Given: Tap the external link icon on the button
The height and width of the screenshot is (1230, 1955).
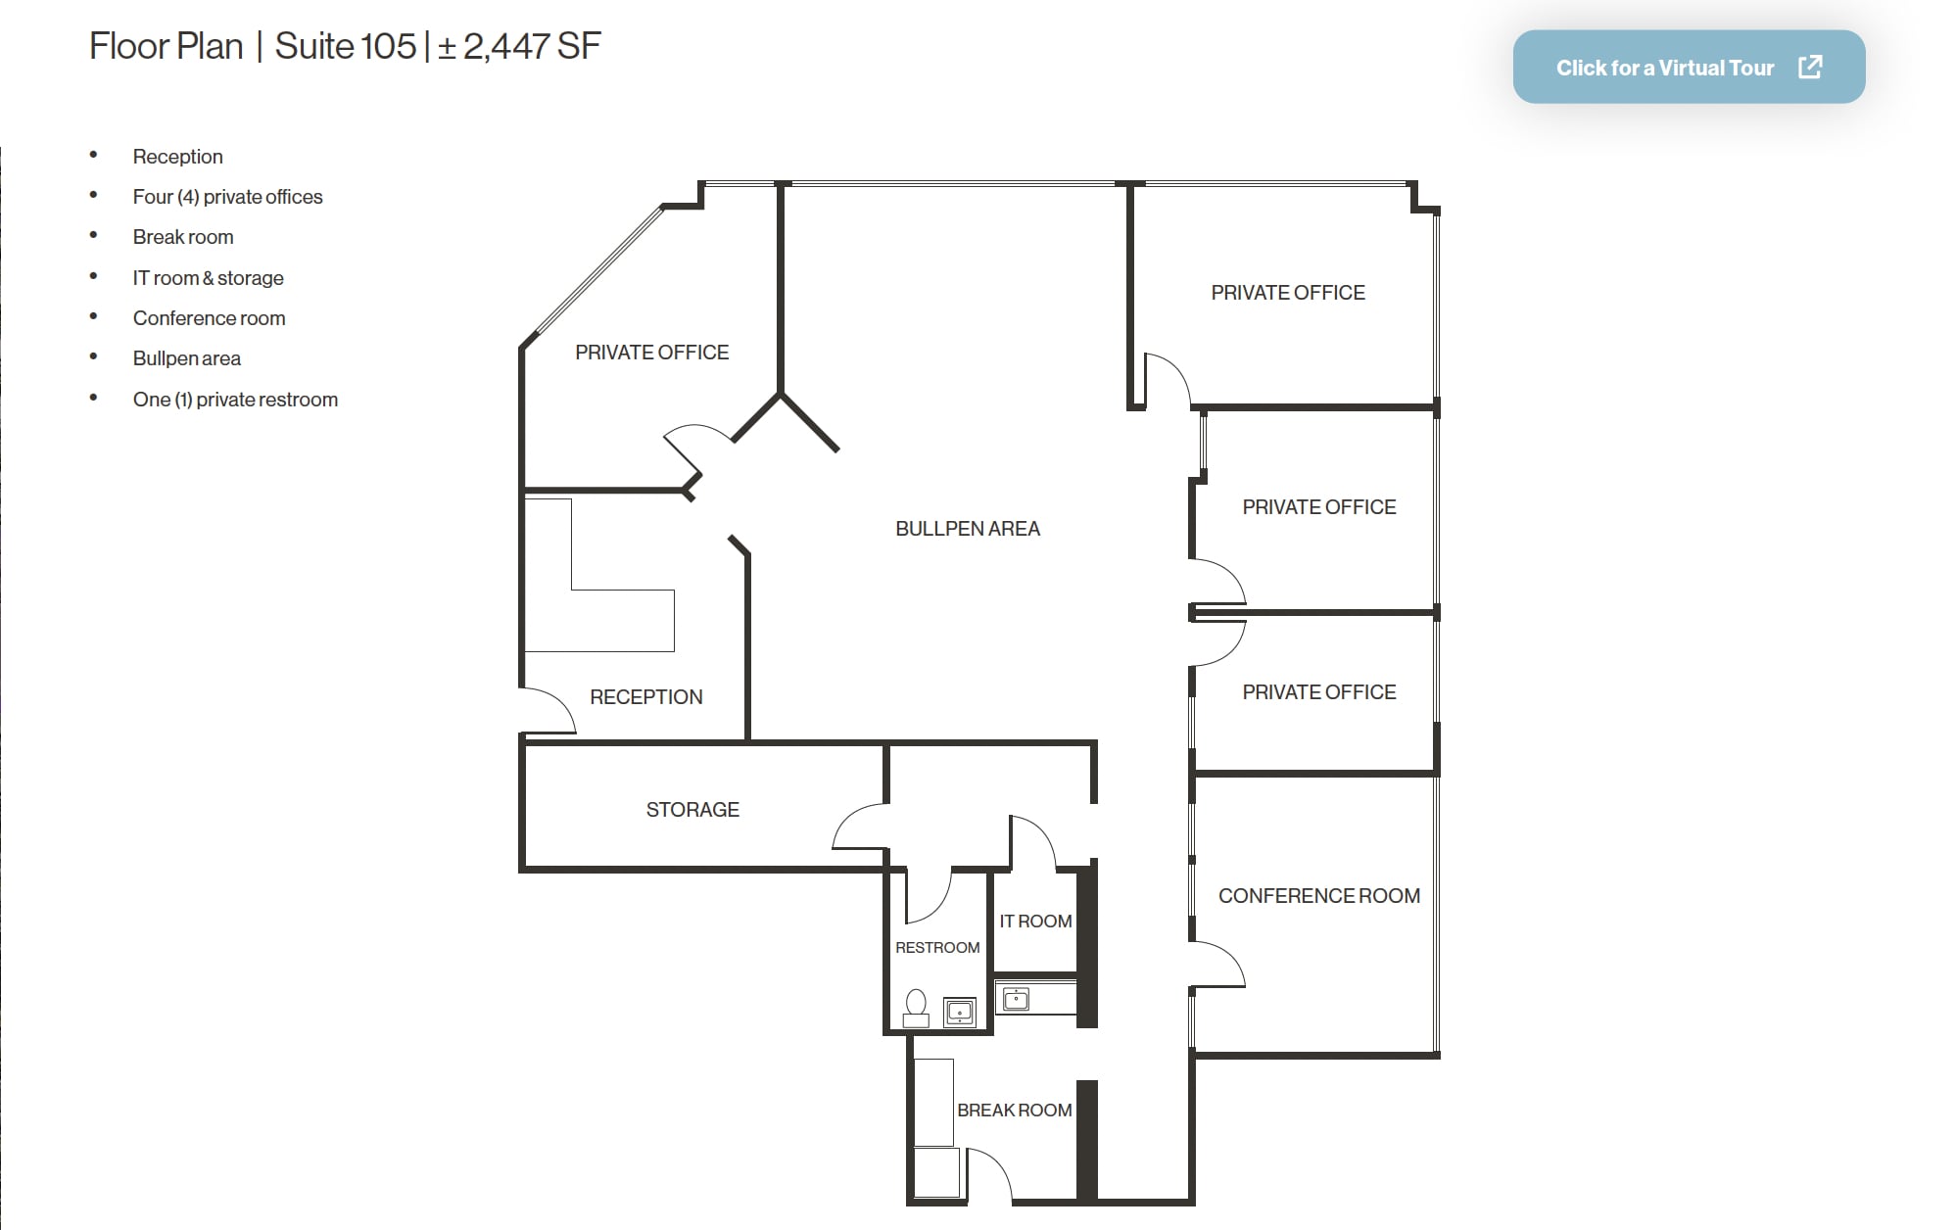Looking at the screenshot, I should tap(1810, 67).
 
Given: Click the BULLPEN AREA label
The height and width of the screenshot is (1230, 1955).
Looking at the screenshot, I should tap(967, 529).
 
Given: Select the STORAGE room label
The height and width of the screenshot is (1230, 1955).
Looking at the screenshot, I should tap(692, 810).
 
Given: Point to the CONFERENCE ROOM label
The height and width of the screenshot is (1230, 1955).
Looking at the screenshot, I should tap(1318, 896).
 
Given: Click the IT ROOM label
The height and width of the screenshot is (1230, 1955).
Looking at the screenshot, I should tap(1035, 922).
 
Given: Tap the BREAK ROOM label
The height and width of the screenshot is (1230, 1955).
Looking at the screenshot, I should tap(1014, 1111).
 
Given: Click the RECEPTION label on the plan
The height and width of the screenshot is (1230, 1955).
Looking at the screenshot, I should tap(645, 697).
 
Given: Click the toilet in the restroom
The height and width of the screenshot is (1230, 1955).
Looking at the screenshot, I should tap(916, 1008).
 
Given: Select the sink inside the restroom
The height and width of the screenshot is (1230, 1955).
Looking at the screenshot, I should tap(959, 1012).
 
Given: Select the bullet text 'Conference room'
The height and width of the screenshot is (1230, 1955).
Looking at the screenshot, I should tap(209, 318).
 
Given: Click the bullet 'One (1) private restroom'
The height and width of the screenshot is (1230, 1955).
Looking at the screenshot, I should tap(235, 400).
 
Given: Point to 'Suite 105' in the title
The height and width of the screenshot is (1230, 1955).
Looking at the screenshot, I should tap(345, 46).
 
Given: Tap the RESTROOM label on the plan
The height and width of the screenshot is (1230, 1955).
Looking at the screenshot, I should tap(936, 948).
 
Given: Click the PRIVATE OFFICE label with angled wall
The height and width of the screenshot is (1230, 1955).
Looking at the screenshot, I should tap(651, 353).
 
